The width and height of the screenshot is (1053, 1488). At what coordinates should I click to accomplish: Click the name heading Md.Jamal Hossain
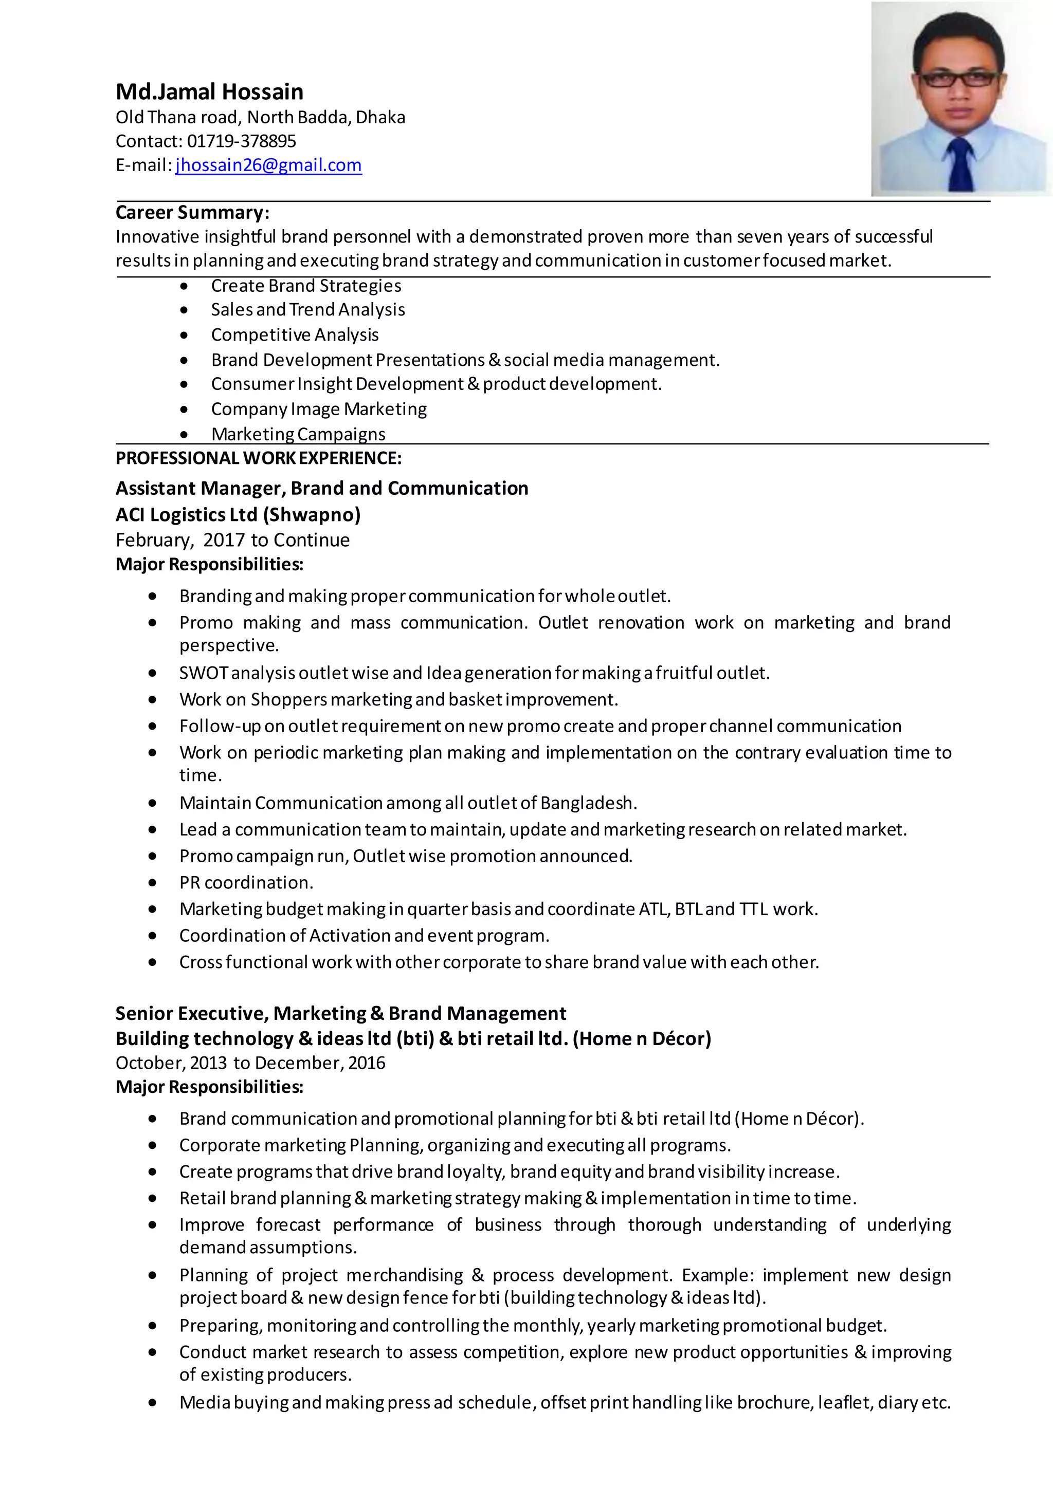(209, 92)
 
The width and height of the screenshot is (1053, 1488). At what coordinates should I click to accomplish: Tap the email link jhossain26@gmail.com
(268, 165)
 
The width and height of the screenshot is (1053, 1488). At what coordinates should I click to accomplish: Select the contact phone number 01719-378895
(241, 141)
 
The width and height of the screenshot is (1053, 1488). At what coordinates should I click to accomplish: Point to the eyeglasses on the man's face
(959, 80)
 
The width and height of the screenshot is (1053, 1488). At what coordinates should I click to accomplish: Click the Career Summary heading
(192, 213)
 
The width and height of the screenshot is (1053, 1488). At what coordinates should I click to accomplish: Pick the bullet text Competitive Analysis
(295, 335)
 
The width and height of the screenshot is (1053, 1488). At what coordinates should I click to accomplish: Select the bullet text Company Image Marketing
(318, 410)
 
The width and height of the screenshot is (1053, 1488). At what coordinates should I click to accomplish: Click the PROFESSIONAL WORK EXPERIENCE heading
(258, 458)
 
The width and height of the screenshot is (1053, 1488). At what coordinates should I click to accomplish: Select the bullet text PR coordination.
(246, 883)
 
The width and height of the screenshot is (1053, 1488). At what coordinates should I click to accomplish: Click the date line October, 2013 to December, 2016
(250, 1063)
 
